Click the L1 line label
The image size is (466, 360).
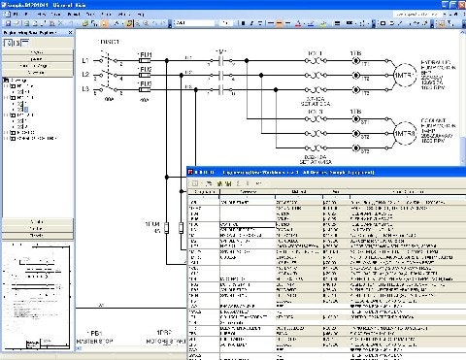point(84,61)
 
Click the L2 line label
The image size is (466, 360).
point(84,75)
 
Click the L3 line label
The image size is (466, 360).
point(84,88)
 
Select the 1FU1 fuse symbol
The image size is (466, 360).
point(146,61)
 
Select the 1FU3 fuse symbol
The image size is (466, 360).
point(146,88)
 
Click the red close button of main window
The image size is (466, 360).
point(459,5)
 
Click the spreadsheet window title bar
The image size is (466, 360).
point(291,170)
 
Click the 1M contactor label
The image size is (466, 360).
point(221,49)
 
